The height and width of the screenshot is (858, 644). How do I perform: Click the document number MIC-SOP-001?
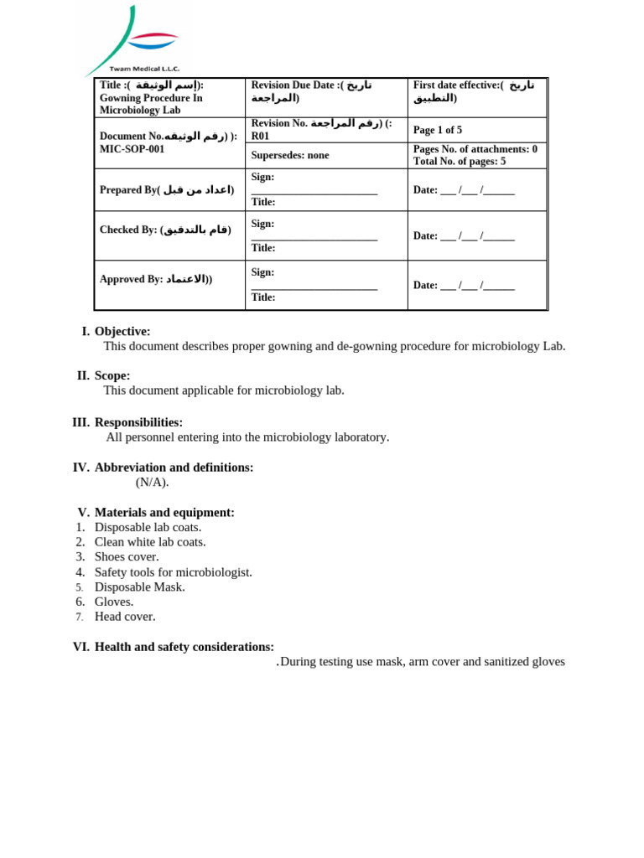132,149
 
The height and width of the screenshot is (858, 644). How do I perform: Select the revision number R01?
260,136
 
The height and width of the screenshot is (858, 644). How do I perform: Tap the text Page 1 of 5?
438,130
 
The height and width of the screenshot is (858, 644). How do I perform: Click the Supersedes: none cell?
290,155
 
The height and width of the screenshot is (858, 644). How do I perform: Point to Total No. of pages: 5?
460,161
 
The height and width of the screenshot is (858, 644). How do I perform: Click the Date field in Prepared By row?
464,189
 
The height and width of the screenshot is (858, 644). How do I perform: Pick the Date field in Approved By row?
464,285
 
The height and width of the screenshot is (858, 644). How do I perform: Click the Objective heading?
122,331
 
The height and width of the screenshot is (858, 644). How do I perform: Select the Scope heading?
112,375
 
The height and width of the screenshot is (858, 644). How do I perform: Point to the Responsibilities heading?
138,422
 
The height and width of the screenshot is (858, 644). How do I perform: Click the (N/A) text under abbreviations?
153,482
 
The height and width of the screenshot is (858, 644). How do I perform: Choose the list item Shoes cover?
127,556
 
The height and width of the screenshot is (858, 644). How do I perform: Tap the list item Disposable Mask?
140,587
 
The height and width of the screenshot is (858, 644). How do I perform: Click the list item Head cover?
125,617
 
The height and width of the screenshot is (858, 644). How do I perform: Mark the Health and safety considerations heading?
184,647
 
